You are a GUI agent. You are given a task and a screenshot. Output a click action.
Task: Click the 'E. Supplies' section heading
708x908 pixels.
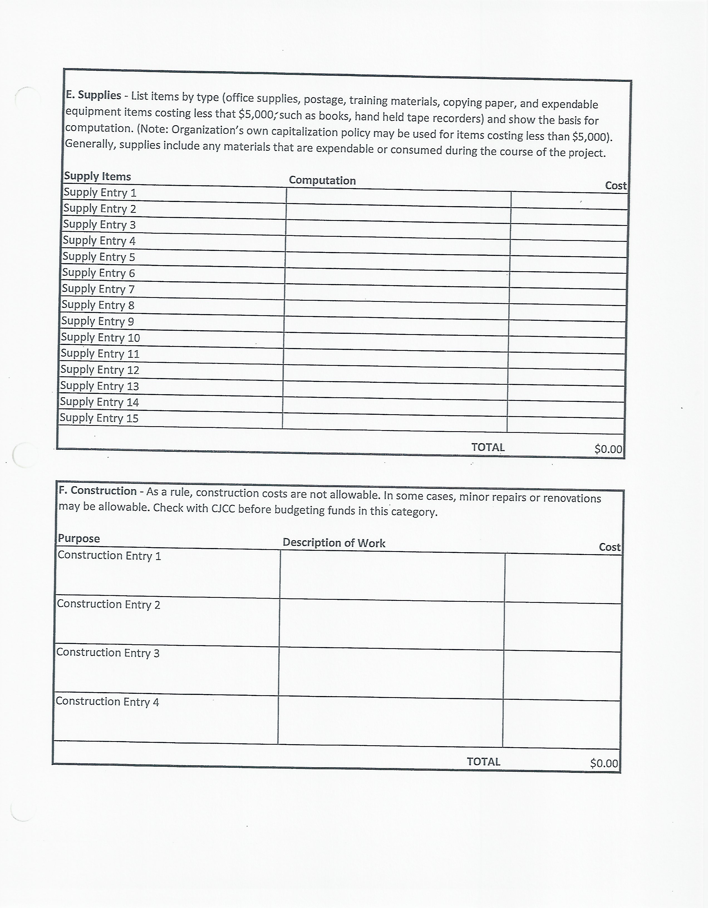[x=93, y=95]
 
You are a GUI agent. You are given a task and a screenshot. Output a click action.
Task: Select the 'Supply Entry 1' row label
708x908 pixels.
[x=100, y=193]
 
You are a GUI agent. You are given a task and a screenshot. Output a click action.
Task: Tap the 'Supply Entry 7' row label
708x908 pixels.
[x=98, y=289]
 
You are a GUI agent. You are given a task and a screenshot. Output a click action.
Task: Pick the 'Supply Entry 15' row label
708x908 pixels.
[x=99, y=418]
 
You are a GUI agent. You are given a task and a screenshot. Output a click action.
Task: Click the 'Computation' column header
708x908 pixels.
[x=322, y=181]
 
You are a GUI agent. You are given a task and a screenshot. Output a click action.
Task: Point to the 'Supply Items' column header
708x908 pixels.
[x=97, y=176]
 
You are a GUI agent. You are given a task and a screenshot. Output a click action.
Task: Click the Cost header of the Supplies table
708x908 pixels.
[x=616, y=186]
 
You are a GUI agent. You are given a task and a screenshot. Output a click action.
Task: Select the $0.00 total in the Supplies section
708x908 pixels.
[x=608, y=449]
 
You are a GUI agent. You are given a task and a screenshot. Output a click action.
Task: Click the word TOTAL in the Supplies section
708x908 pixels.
[x=488, y=447]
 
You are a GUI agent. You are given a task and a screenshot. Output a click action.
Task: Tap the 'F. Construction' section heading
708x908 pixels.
[x=98, y=491]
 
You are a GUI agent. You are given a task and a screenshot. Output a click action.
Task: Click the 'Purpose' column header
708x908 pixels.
[x=79, y=538]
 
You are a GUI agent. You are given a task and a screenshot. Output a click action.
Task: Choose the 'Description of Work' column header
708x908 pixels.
[x=334, y=543]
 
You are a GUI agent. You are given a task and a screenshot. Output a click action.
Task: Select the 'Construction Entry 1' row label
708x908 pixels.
[x=109, y=556]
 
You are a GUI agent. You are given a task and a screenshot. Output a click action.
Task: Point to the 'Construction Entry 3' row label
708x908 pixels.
[x=108, y=653]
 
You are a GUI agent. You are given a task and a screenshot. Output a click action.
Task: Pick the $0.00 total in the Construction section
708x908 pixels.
[x=604, y=763]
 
